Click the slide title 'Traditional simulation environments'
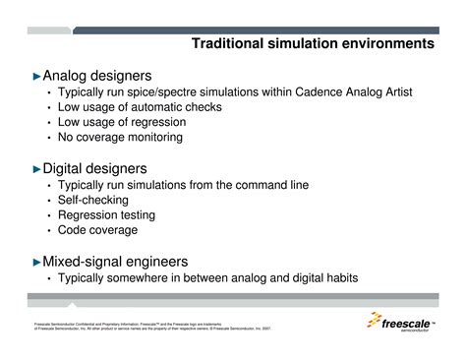click(312, 44)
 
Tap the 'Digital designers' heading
click(96, 168)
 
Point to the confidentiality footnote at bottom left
click(138, 327)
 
